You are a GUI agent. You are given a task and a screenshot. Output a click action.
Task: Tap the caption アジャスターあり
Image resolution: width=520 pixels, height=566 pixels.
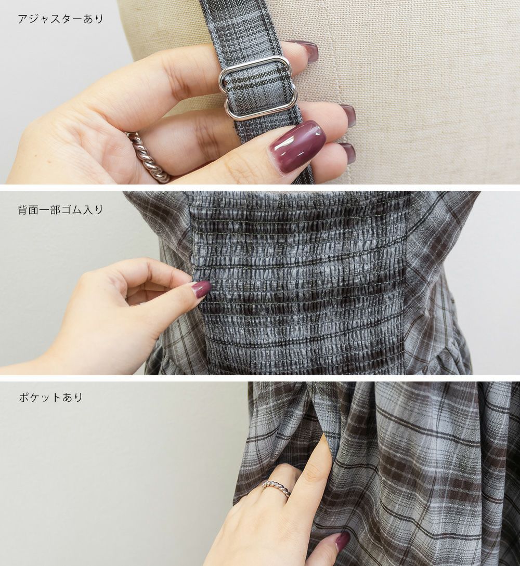[61, 19]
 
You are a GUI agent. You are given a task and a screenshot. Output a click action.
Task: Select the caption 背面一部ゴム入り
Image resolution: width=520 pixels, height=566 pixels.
[61, 210]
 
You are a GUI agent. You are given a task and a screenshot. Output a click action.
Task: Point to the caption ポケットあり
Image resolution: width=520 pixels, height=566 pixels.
[51, 398]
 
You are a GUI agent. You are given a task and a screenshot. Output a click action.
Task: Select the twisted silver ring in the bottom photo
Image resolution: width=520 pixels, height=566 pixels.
[276, 489]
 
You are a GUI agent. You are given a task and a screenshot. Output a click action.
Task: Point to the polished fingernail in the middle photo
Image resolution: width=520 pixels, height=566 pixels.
[202, 288]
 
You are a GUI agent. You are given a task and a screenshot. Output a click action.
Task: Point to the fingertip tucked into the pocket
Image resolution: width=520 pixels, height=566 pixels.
[325, 443]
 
